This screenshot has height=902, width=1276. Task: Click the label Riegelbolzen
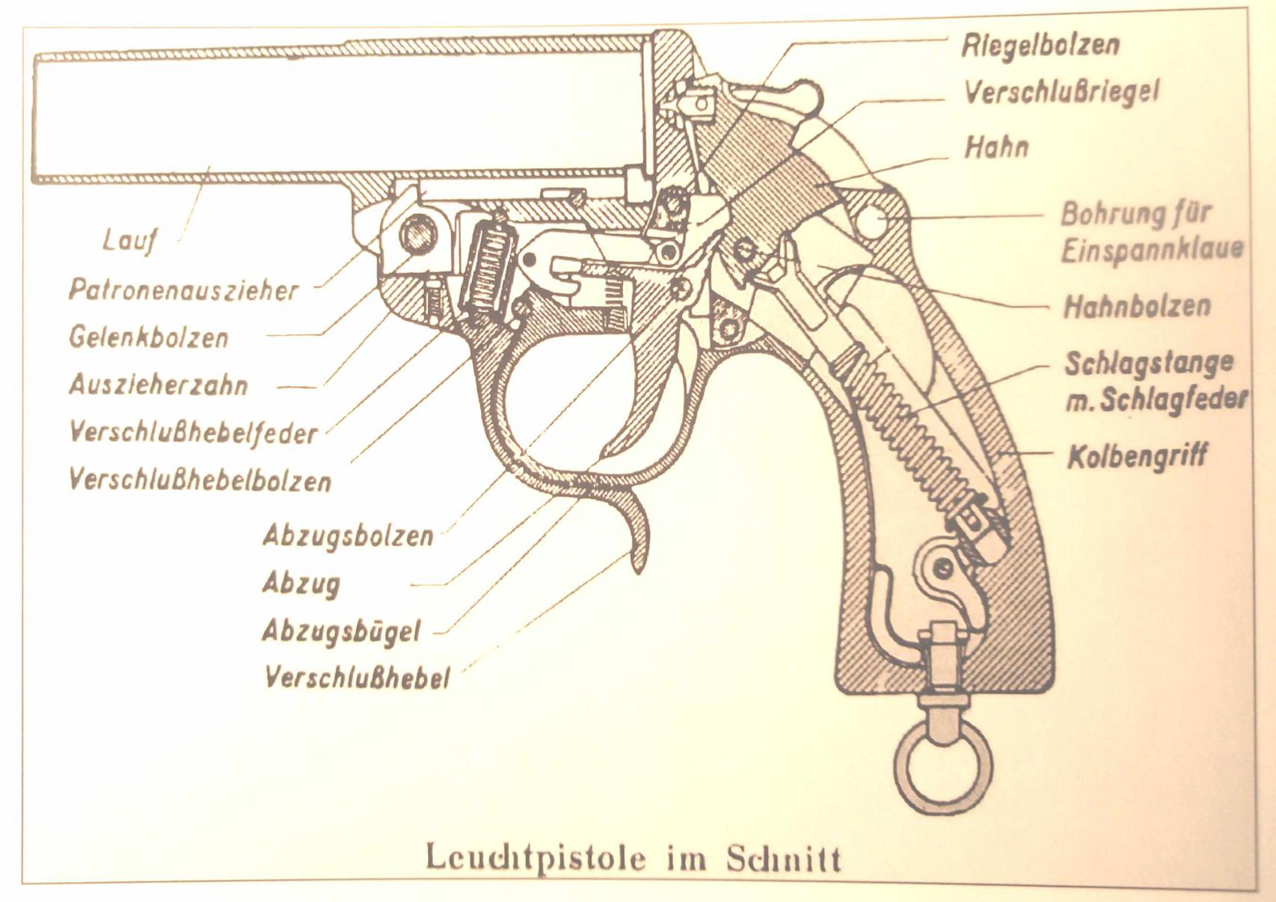[x=1040, y=45]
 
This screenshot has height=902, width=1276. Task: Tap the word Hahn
[x=997, y=147]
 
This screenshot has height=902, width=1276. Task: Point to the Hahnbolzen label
[x=1136, y=306]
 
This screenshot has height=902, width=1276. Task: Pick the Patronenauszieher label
[x=183, y=291]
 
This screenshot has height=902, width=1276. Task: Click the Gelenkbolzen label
[x=149, y=338]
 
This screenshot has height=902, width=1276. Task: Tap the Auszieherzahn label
[x=159, y=386]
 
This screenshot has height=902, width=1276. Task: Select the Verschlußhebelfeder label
[x=193, y=434]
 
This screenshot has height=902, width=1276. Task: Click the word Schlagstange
[x=1149, y=363]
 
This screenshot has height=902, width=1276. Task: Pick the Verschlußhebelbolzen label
[x=200, y=482]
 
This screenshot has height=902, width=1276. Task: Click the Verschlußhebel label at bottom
[x=358, y=678]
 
